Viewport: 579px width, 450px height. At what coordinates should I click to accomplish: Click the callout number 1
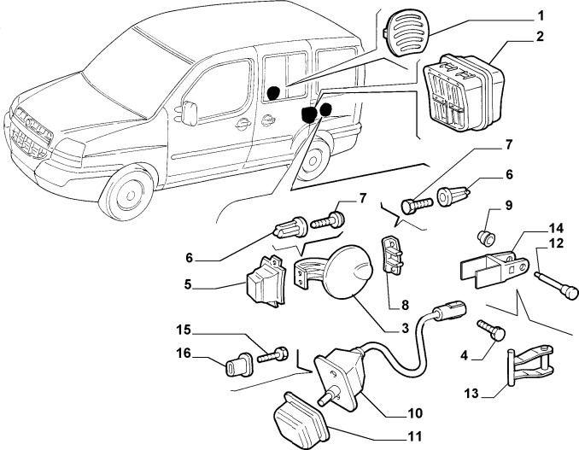[541, 16]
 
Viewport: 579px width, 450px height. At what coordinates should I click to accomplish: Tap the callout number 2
[540, 37]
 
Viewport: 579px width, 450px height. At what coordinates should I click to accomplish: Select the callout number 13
[471, 394]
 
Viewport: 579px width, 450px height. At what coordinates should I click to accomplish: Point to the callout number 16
[184, 354]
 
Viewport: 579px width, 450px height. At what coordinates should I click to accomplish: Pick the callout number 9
[509, 204]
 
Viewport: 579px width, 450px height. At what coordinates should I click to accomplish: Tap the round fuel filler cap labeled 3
[347, 272]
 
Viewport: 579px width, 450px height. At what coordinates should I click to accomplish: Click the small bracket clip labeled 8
[393, 255]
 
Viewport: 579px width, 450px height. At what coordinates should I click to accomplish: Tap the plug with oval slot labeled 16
[238, 364]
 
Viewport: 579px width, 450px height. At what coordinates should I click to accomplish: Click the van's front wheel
[127, 193]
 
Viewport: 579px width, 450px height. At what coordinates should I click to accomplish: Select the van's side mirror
[189, 113]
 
